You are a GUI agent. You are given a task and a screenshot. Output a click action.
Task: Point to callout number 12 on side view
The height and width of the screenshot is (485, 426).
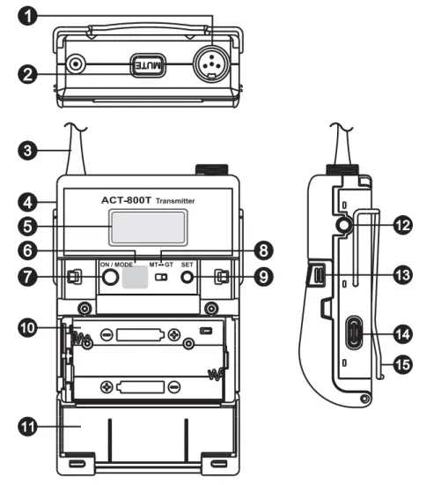403,226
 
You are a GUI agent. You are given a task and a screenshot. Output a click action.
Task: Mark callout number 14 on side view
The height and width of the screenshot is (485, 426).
403,335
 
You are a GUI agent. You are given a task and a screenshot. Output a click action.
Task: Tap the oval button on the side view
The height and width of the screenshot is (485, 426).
355,335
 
